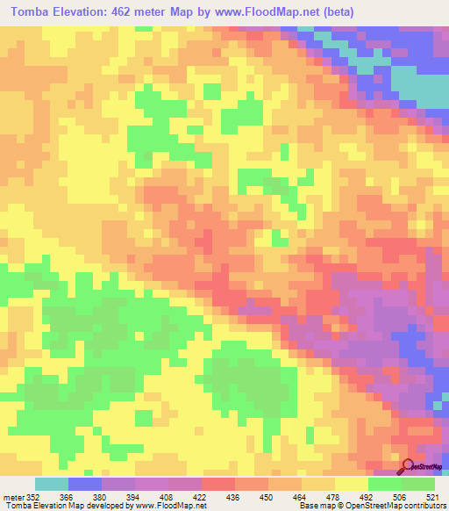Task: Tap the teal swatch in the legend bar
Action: pos(51,484)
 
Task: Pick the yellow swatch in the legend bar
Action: pos(352,484)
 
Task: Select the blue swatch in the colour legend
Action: pos(84,484)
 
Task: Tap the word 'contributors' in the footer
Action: pos(424,506)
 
